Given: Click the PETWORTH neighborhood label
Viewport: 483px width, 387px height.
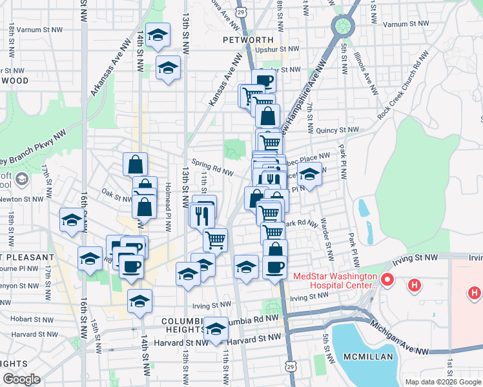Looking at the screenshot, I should (x=243, y=39).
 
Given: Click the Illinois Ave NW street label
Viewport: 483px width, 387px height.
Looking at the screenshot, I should (x=367, y=74).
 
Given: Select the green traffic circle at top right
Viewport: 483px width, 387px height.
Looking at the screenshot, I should (x=342, y=26).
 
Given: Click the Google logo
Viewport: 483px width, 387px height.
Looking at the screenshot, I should (x=21, y=379).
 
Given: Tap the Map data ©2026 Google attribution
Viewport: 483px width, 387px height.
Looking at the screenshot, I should (x=443, y=382).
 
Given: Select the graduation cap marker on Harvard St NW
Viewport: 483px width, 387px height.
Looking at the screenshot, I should (x=216, y=328).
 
